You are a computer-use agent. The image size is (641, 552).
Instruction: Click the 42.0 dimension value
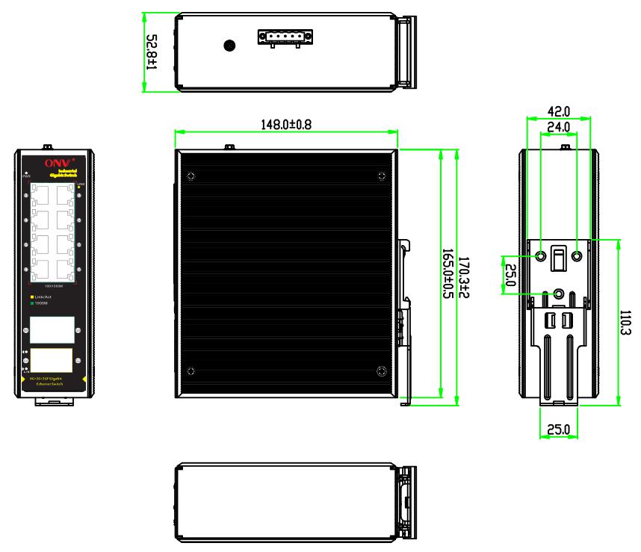tap(558, 111)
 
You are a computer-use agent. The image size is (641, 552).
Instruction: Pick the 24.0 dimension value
tap(558, 128)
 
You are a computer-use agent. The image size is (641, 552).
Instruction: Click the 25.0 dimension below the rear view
tap(558, 430)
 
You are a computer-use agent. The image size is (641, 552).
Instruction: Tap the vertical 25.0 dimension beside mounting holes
tap(510, 274)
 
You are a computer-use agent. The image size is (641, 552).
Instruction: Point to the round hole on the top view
tap(230, 46)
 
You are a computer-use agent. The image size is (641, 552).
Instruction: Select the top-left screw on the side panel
tap(191, 177)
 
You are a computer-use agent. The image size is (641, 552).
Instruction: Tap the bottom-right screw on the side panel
tap(382, 372)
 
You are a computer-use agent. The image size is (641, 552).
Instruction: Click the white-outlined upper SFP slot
tap(52, 329)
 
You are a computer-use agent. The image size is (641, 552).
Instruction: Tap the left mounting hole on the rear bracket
tap(542, 256)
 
